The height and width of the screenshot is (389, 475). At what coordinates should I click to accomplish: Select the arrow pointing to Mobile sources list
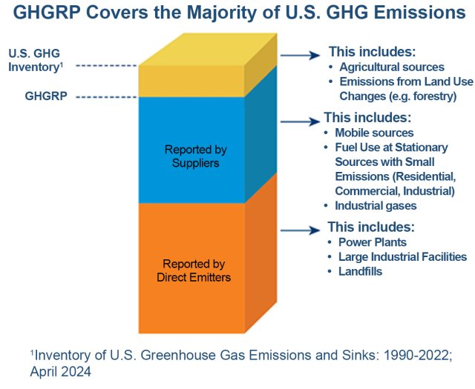click(x=298, y=119)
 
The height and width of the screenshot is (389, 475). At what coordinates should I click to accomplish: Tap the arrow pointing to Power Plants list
click(x=301, y=230)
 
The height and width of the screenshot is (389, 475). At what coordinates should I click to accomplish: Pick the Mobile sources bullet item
click(x=372, y=133)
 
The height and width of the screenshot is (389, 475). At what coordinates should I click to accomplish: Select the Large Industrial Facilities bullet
click(x=402, y=257)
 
